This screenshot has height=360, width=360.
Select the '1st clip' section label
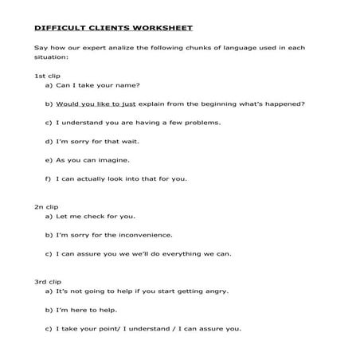(47, 75)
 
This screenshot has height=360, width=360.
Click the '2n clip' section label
(47, 206)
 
